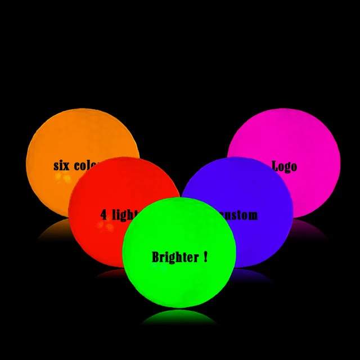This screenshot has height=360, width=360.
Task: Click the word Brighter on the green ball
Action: click(175, 257)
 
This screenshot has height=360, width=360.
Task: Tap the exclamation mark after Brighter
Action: click(205, 256)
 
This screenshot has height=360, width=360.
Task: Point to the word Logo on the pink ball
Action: click(284, 166)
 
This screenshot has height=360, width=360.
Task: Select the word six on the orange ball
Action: click(64, 165)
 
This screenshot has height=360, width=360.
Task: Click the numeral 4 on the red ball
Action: click(103, 214)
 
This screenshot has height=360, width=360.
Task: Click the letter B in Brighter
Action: click(156, 257)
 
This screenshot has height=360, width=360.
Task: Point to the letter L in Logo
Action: click(276, 166)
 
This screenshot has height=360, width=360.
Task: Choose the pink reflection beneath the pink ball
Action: click(312, 228)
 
